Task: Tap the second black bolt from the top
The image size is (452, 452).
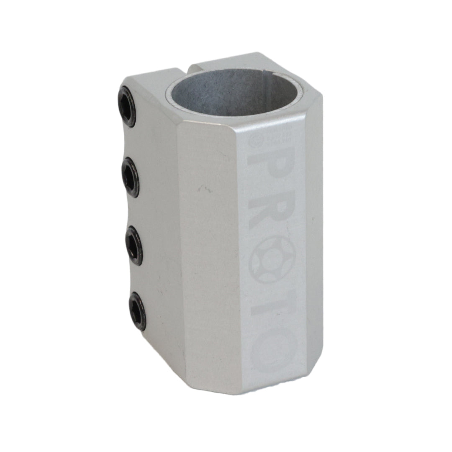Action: [x=131, y=178]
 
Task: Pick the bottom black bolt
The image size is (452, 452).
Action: [x=137, y=311]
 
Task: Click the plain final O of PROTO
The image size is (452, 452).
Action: [x=273, y=354]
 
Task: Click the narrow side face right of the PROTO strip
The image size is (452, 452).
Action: [x=314, y=243]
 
